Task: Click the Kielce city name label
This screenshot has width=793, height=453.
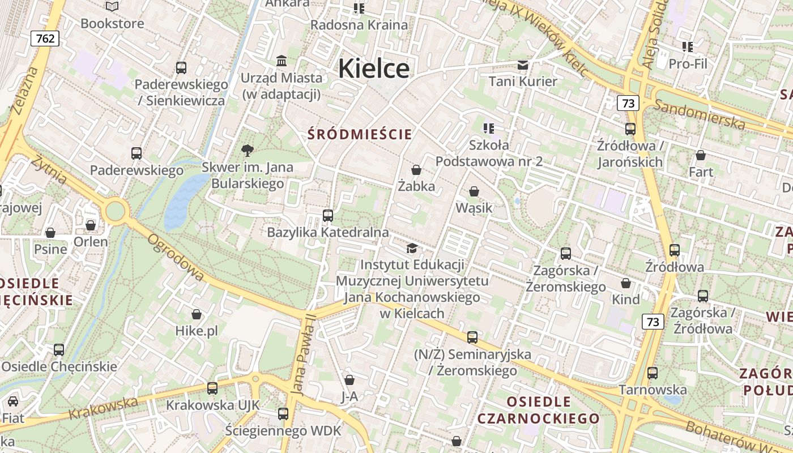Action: pos(373,69)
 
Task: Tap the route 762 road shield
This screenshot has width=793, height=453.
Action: pos(45,38)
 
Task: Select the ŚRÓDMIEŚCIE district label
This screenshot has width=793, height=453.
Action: pos(360,134)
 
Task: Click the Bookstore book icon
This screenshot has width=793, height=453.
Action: pos(112,7)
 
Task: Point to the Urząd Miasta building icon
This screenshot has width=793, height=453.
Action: pos(281,61)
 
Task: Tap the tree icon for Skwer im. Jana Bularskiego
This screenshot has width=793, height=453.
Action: pos(247,151)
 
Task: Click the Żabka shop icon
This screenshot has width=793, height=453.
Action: pos(416,170)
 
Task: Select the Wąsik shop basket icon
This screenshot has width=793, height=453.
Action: pos(474,192)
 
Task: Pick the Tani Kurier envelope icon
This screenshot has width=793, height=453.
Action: pos(522,65)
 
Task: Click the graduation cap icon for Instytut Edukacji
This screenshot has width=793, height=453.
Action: pos(412,248)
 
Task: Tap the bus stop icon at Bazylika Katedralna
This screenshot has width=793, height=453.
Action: pos(327,216)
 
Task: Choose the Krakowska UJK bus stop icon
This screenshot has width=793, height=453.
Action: pos(212,388)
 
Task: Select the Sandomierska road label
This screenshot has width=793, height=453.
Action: pos(699,114)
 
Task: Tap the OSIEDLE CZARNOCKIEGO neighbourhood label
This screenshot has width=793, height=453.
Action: pos(538,410)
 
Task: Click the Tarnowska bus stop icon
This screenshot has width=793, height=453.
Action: pos(653,373)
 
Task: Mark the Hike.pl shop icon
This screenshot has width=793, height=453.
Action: pos(197,314)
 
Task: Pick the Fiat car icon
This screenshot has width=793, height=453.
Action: pos(13,401)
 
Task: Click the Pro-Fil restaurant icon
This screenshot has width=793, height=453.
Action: pos(688,47)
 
